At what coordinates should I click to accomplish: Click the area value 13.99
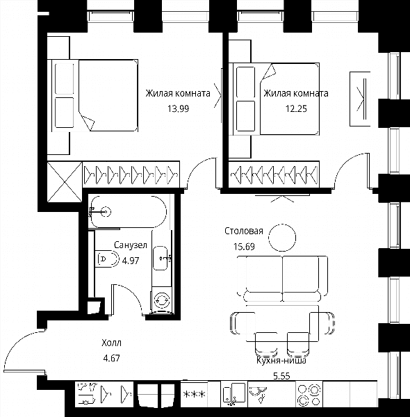(x=178, y=109)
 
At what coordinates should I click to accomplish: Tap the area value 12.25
(x=296, y=109)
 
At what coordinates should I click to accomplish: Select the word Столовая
(x=244, y=231)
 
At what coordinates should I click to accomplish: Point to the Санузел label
(x=131, y=245)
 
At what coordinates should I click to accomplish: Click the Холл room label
(x=111, y=343)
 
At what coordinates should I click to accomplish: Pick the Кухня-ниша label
(x=281, y=361)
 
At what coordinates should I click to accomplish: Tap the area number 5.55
(x=281, y=376)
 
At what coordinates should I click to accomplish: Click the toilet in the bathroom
(x=107, y=259)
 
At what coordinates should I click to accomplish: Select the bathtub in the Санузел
(x=128, y=212)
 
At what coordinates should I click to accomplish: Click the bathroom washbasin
(x=161, y=258)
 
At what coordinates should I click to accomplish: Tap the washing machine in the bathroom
(x=162, y=300)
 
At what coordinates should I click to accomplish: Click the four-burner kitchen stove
(x=309, y=394)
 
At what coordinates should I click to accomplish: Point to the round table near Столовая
(x=282, y=238)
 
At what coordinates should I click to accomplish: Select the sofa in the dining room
(x=282, y=278)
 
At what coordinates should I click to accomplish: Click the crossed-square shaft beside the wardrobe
(x=65, y=182)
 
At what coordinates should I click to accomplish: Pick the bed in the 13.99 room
(x=95, y=95)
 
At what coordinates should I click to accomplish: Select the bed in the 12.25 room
(x=276, y=99)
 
